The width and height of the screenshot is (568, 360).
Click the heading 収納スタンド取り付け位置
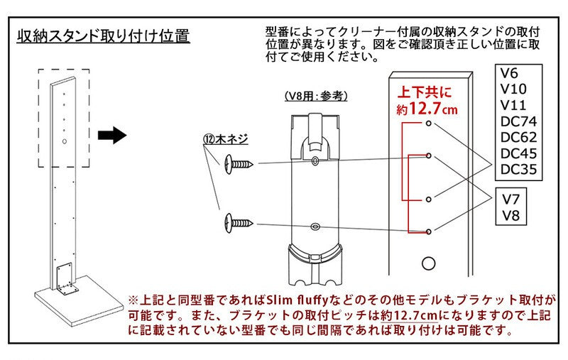(x=104, y=36)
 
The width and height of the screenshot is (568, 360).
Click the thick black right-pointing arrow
(x=111, y=135)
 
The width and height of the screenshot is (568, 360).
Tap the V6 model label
(x=508, y=72)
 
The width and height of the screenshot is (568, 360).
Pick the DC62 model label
(x=518, y=138)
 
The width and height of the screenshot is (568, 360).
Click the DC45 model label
(x=518, y=153)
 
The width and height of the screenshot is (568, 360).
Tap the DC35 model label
(x=518, y=170)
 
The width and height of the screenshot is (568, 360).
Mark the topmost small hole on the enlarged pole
(x=429, y=124)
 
